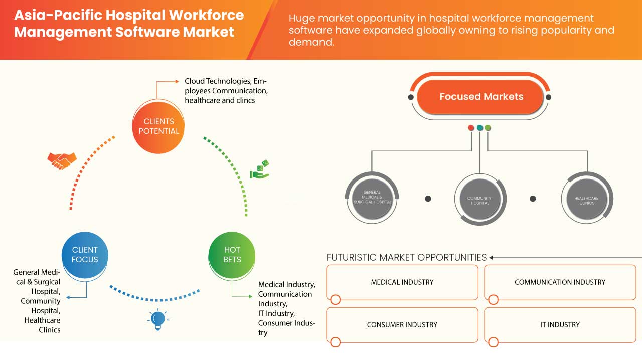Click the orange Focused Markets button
(481, 97)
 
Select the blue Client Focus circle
(85, 254)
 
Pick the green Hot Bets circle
(232, 254)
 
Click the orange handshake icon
(62, 160)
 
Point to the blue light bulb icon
(158, 319)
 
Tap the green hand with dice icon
(260, 169)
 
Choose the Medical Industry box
(402, 282)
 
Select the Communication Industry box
(560, 282)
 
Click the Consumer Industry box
(402, 325)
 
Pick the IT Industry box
(560, 325)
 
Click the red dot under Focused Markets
(471, 128)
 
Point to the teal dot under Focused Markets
(480, 128)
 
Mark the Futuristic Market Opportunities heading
(406, 257)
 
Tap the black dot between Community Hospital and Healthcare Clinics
(533, 199)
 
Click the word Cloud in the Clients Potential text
(195, 81)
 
